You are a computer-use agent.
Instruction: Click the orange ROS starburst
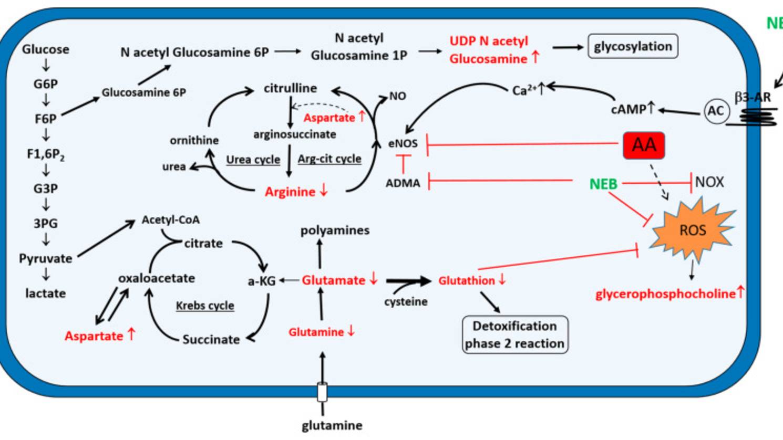[x=692, y=231]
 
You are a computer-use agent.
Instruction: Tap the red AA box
[x=644, y=145]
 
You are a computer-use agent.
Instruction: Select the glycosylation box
[x=633, y=47]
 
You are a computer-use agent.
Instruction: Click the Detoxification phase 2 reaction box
[x=514, y=334]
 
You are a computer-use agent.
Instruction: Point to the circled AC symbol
[x=715, y=111]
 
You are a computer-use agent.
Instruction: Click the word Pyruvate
[x=46, y=258]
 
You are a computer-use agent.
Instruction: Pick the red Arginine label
[x=290, y=192]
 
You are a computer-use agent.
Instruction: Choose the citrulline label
[x=290, y=88]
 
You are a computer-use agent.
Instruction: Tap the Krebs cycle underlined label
[x=205, y=306]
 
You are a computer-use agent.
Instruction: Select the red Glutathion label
[x=467, y=281]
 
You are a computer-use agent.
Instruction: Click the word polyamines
[x=335, y=231]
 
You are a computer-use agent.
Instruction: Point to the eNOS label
[x=403, y=143]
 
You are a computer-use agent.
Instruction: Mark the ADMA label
[x=403, y=183]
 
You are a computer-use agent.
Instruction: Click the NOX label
[x=709, y=182]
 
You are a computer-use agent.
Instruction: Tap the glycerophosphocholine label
[x=665, y=294]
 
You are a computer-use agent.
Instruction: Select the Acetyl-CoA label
[x=171, y=220]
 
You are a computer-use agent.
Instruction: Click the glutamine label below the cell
[x=332, y=425]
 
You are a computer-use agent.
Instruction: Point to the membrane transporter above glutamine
[x=322, y=392]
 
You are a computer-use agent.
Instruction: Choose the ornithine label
[x=194, y=140]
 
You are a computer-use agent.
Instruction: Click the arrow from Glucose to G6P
[x=46, y=66]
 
